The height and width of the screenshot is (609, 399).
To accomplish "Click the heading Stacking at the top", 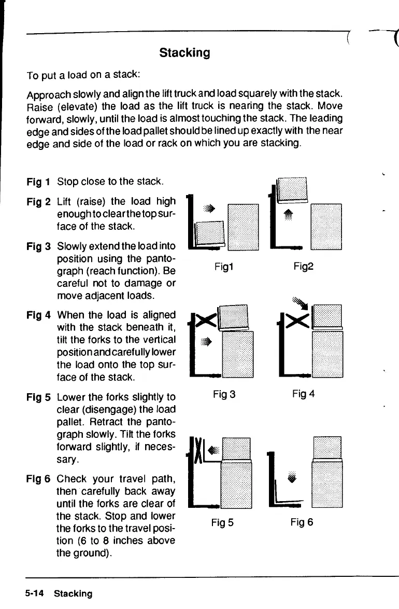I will pyautogui.click(x=184, y=52).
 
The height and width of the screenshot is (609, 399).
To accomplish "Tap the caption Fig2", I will pyautogui.click(x=303, y=266).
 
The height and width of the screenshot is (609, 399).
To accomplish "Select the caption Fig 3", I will pyautogui.click(x=224, y=394).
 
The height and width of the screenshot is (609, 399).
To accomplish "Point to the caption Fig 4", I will pyautogui.click(x=303, y=394).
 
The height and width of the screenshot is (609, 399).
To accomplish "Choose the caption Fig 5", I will pyautogui.click(x=223, y=522).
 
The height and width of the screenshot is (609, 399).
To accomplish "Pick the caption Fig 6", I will pyautogui.click(x=303, y=522).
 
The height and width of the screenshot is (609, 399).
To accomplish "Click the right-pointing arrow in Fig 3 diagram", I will pyautogui.click(x=207, y=341).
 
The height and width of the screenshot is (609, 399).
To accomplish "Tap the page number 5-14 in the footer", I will pyautogui.click(x=35, y=593).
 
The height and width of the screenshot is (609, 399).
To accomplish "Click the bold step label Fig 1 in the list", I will pyautogui.click(x=39, y=182).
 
